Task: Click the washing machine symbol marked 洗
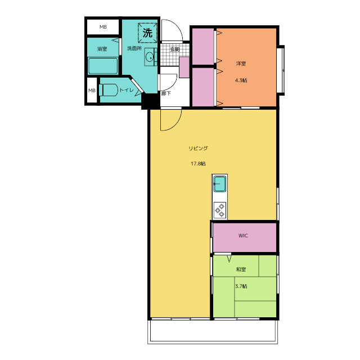click(147, 33)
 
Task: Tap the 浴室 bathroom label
click(102, 49)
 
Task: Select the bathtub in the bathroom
click(103, 66)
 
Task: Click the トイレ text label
click(127, 90)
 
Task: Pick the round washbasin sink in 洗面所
click(150, 57)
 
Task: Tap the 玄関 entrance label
click(174, 49)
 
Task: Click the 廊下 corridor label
click(166, 93)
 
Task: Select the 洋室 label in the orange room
click(241, 64)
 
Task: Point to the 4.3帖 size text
click(241, 80)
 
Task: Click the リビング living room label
click(198, 148)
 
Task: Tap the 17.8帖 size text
click(198, 164)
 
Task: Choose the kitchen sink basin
click(220, 184)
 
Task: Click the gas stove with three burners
click(220, 210)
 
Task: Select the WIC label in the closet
click(243, 236)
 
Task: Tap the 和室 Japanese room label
click(241, 269)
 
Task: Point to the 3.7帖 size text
click(241, 286)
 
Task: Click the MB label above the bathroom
click(103, 27)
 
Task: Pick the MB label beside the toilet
click(92, 91)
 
